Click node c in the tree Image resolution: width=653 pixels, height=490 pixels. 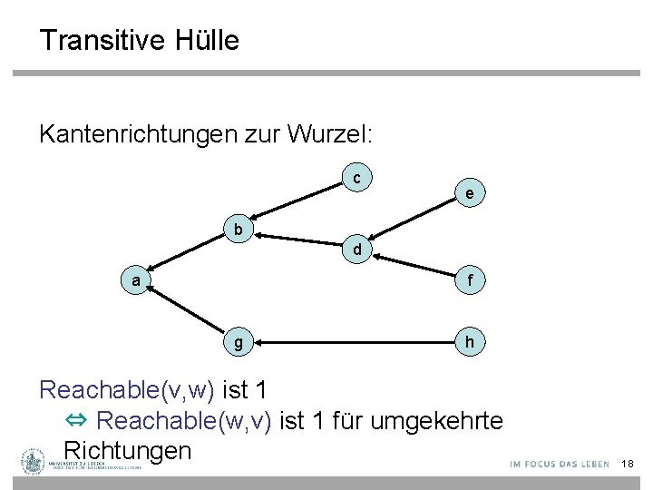(x=358, y=179)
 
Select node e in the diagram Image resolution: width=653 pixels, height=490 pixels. (x=469, y=193)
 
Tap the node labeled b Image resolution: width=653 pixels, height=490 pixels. (x=238, y=230)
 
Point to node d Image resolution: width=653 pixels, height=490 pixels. (x=358, y=249)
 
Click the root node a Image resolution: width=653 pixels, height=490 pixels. (x=136, y=281)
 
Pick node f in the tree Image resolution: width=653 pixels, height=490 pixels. (x=469, y=281)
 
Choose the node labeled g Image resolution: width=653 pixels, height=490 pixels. (x=238, y=343)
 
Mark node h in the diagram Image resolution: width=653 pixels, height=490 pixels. (x=469, y=343)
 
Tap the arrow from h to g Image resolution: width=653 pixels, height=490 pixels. (x=354, y=343)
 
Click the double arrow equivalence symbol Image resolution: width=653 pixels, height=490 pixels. (x=76, y=421)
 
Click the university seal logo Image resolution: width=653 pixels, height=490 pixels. (x=34, y=462)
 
